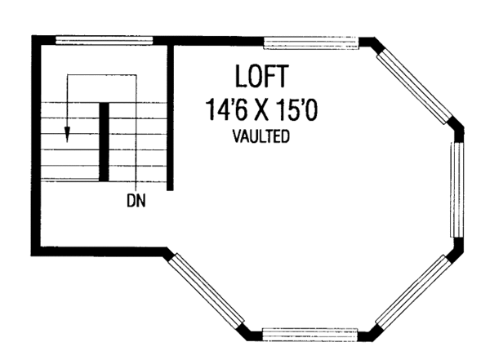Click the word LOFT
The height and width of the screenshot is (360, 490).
(x=261, y=77)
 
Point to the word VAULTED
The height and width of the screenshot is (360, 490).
(x=261, y=136)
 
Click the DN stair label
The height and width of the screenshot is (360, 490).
(x=136, y=198)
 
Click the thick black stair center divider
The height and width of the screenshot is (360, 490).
(x=104, y=141)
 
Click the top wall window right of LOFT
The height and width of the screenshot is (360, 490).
(x=311, y=41)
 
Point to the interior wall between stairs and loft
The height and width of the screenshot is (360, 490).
(x=171, y=114)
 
